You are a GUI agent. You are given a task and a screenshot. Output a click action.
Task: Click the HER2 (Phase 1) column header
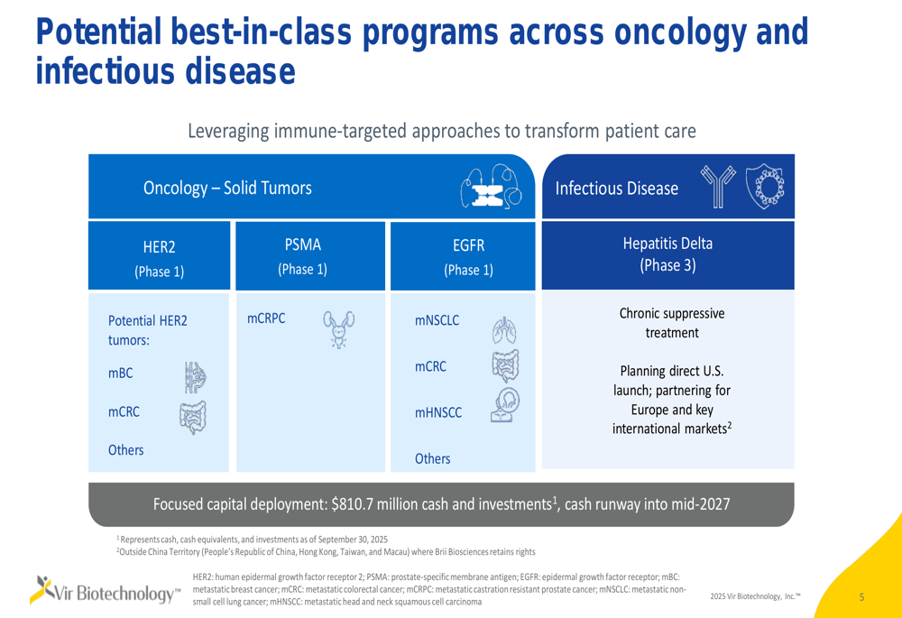[x=159, y=259]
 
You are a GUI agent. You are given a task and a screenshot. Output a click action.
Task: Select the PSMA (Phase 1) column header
[x=302, y=256]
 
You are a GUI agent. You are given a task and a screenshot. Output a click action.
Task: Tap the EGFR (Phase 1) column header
[x=467, y=257]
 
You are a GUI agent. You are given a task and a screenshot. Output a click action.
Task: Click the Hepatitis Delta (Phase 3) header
[x=667, y=254]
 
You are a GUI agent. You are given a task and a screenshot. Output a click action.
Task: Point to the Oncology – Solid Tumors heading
[x=227, y=189]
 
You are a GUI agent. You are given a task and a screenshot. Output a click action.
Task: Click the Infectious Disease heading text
[x=617, y=189]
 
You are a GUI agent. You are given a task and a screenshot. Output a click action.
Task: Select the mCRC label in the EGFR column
[x=430, y=367]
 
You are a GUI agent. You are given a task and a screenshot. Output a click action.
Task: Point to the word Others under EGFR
[x=432, y=458]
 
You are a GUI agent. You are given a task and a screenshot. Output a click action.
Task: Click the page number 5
[x=861, y=596]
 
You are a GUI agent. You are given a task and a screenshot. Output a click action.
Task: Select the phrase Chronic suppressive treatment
[x=671, y=323]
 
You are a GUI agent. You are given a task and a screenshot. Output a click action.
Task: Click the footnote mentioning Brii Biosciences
[x=326, y=551]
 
